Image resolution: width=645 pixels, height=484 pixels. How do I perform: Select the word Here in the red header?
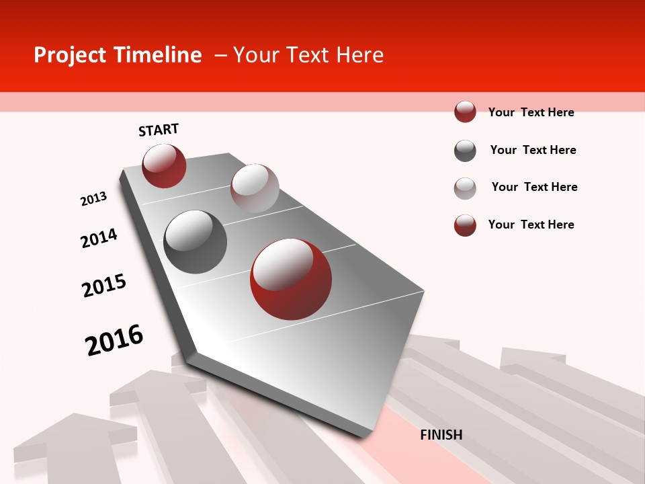click(x=359, y=55)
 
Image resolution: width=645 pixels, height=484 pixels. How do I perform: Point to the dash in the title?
click(x=220, y=56)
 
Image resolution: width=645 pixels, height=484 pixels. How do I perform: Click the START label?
click(x=159, y=130)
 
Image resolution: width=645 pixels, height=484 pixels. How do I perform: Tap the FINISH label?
click(x=441, y=435)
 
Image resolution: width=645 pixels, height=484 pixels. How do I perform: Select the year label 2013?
click(x=93, y=199)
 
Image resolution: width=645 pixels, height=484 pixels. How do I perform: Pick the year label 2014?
click(x=99, y=238)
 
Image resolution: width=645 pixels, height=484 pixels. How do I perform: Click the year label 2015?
click(x=104, y=286)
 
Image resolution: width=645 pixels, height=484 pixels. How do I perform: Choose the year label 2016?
click(x=114, y=339)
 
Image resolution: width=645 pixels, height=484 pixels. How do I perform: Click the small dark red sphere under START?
click(x=164, y=165)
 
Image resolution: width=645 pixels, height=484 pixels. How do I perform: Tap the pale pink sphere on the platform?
click(x=255, y=188)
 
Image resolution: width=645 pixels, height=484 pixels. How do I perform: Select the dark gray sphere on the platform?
click(x=196, y=241)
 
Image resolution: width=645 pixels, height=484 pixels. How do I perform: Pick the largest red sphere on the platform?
click(x=291, y=278)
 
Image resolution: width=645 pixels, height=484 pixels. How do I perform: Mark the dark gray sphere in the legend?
click(x=465, y=151)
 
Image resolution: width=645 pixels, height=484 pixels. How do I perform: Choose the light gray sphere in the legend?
click(x=465, y=188)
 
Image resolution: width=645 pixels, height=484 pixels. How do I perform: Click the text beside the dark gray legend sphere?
click(x=533, y=150)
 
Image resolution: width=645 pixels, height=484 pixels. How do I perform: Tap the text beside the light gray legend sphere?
click(x=534, y=187)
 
